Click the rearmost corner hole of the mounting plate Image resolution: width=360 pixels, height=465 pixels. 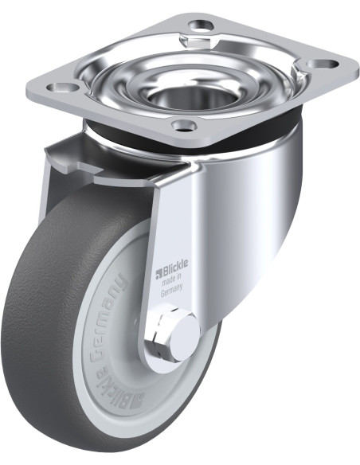coord(202,25)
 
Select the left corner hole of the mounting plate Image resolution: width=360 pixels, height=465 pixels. coord(63,88)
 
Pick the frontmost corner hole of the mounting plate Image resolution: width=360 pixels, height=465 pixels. coord(185,126)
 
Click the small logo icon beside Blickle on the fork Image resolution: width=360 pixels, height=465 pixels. coord(158,274)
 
